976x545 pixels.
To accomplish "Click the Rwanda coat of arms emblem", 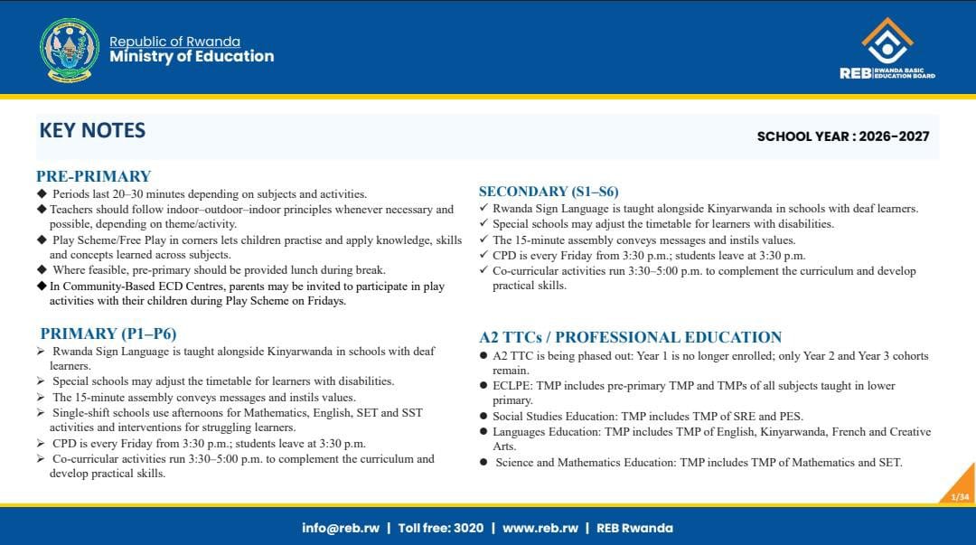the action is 69,50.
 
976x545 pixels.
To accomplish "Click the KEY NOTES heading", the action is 92,130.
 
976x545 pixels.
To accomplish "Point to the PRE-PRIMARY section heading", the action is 93,176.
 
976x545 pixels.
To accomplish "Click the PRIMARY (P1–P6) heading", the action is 108,334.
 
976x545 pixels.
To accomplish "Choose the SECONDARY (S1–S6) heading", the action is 549,192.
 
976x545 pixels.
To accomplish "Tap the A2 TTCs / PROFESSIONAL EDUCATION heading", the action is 630,337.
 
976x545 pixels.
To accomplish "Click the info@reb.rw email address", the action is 341,528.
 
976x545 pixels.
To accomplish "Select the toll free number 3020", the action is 469,528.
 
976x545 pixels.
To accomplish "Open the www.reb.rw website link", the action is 540,528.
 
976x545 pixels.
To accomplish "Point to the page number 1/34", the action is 960,496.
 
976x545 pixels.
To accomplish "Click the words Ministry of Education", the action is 192,57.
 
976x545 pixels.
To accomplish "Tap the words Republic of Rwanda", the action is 175,41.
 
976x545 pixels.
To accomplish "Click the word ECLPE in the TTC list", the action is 511,386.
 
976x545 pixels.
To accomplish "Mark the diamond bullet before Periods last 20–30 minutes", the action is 42,193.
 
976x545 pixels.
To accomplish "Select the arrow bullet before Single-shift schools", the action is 41,412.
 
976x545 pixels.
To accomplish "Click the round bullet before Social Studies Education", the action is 483,416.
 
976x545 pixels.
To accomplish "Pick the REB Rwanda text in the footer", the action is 635,528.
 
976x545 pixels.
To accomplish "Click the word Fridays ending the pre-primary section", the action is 326,301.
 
